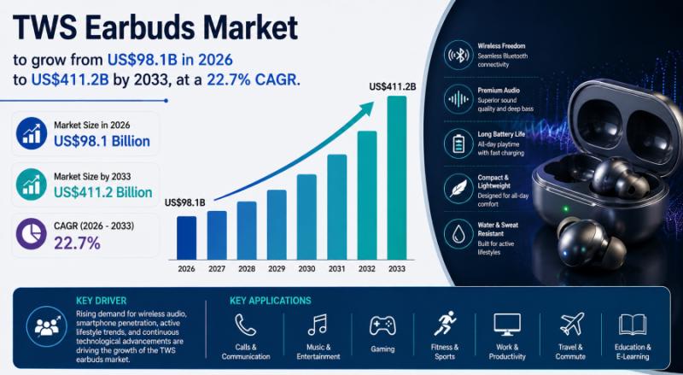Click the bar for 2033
pos(396,178)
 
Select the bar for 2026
pos(186,238)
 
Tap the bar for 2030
pos(306,217)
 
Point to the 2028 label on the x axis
pos(247,269)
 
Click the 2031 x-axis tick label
pos(336,269)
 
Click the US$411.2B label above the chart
pos(393,87)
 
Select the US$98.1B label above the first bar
pos(184,202)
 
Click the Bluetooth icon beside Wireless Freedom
pos(458,56)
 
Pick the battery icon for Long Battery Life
pos(458,144)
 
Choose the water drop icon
pos(458,234)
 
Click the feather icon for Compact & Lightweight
pos(458,189)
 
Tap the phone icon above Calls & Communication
pos(245,325)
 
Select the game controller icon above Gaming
pos(382,325)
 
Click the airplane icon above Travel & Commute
pos(572,324)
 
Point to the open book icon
pos(633,325)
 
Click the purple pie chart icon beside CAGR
pos(32,234)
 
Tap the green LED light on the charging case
pos(566,209)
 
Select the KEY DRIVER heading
pos(101,301)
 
